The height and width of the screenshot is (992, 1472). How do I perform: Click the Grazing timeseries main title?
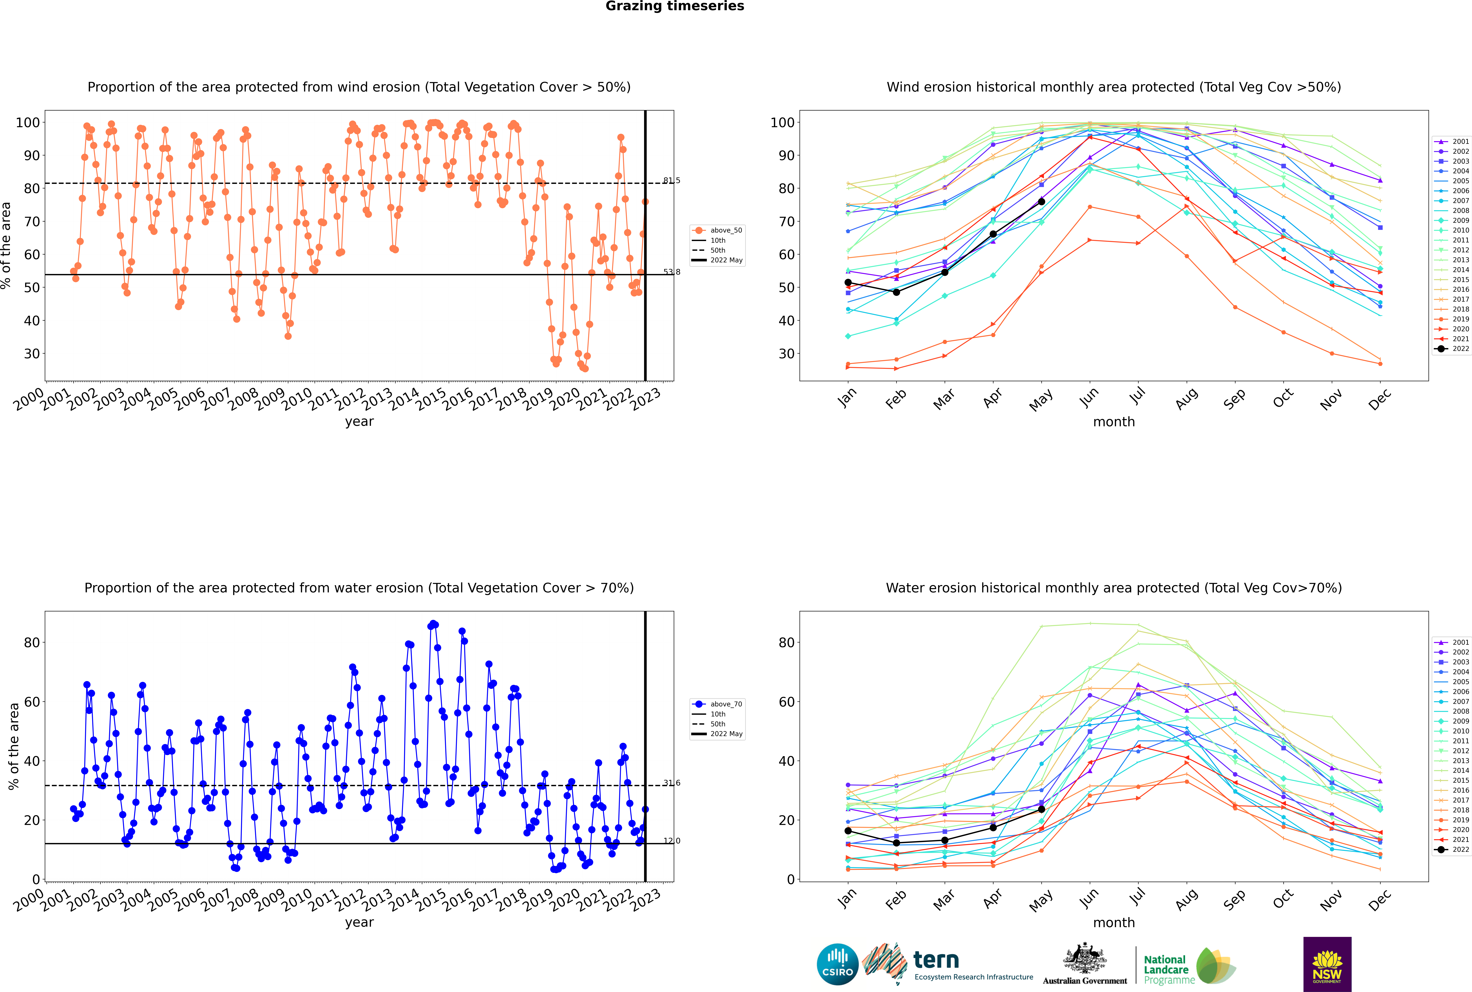point(675,6)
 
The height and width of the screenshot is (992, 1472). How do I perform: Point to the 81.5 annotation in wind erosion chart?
point(671,180)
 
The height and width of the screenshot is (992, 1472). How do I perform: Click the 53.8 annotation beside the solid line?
point(671,272)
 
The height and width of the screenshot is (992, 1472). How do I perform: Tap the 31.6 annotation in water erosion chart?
point(671,783)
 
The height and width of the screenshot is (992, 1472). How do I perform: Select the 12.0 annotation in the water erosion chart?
point(671,841)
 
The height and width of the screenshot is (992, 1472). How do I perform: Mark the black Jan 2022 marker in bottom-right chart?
point(848,831)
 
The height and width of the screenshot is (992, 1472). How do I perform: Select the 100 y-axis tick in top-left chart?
point(28,123)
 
